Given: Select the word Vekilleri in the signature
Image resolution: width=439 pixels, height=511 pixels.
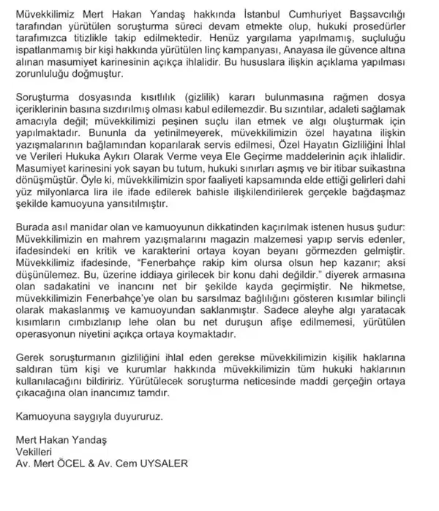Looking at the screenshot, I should (x=37, y=450).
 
